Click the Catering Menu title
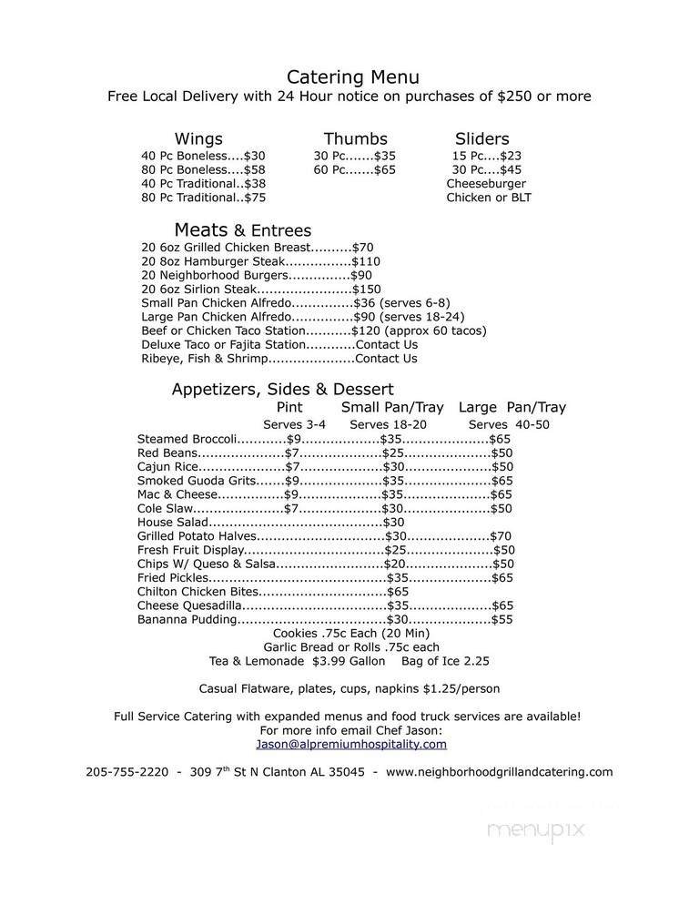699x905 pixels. pyautogui.click(x=353, y=76)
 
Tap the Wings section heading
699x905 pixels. pyautogui.click(x=198, y=138)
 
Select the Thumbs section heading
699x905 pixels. pyautogui.click(x=355, y=138)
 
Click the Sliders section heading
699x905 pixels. pyautogui.click(x=481, y=138)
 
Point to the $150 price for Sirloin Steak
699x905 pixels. pyautogui.click(x=367, y=289)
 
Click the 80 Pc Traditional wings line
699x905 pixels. pyautogui.click(x=203, y=197)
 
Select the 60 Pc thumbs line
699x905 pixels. pyautogui.click(x=354, y=169)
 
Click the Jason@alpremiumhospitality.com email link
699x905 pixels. pyautogui.click(x=351, y=744)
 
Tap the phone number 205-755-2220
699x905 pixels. pyautogui.click(x=127, y=771)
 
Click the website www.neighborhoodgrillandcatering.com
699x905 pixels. pyautogui.click(x=499, y=771)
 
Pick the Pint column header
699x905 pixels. pyautogui.click(x=289, y=407)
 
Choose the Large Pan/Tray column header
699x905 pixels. pyautogui.click(x=512, y=407)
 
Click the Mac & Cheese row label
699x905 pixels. pyautogui.click(x=177, y=494)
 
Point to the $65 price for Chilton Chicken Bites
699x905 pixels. pyautogui.click(x=398, y=591)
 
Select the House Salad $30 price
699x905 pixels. pyautogui.click(x=393, y=523)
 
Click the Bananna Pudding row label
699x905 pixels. pyautogui.click(x=187, y=619)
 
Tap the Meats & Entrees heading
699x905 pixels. pyautogui.click(x=242, y=230)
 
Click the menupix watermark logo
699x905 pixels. pyautogui.click(x=534, y=829)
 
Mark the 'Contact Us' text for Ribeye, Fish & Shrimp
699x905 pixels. pyautogui.click(x=386, y=359)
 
